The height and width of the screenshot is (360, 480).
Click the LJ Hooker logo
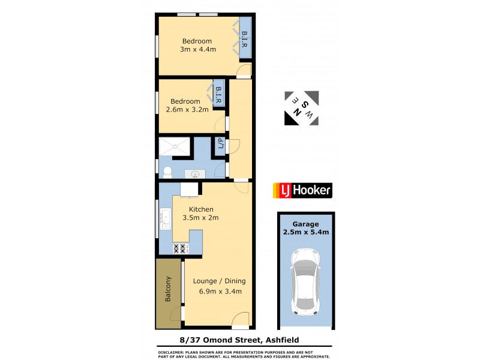click(302, 191)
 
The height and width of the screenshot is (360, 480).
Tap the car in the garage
click(305, 282)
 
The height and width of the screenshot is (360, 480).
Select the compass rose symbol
click(302, 109)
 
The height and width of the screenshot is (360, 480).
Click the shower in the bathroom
click(175, 146)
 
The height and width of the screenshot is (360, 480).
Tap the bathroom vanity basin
click(196, 174)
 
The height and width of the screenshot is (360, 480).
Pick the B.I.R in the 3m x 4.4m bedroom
click(245, 43)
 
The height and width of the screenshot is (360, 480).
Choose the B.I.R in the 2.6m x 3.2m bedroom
click(218, 97)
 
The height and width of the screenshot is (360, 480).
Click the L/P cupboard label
click(220, 145)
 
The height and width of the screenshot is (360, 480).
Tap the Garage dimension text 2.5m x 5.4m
click(306, 232)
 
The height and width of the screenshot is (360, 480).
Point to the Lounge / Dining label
click(219, 281)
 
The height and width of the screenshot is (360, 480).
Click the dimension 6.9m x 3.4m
click(220, 292)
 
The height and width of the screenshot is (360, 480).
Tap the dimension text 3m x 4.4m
click(197, 49)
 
